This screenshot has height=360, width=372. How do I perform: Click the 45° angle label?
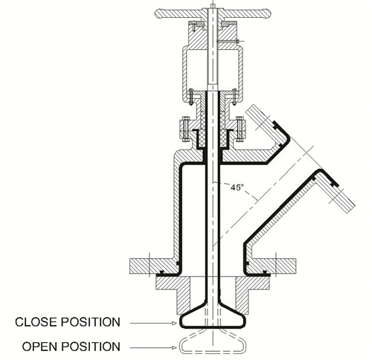(236, 187)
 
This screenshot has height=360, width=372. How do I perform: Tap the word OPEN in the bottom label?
(40, 347)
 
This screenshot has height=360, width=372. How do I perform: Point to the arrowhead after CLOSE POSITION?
(175, 323)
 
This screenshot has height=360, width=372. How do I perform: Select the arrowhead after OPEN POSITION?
(175, 347)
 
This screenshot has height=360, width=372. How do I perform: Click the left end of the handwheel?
(158, 13)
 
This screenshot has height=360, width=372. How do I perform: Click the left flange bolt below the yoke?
(185, 129)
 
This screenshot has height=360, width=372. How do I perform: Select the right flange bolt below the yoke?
(239, 129)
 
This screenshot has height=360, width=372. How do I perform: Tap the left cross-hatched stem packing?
(202, 129)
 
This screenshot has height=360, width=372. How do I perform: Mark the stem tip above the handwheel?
(213, 6)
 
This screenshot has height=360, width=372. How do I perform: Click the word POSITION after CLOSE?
(91, 322)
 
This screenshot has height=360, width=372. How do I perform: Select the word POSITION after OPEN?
(91, 347)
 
